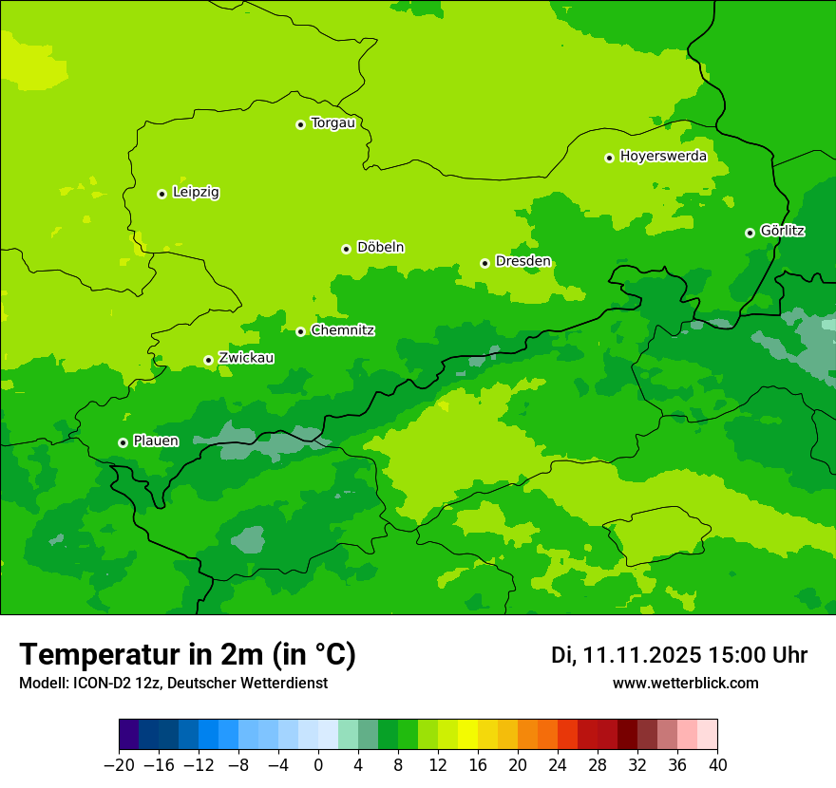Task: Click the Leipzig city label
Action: tap(196, 193)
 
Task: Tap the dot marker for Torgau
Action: tap(300, 124)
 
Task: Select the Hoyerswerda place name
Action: tap(663, 157)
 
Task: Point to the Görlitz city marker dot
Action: tap(750, 233)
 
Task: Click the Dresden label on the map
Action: tap(522, 262)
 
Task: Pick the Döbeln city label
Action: tap(380, 248)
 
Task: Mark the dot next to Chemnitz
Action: tap(300, 331)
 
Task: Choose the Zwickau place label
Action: tap(246, 359)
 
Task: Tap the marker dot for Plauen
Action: tap(123, 442)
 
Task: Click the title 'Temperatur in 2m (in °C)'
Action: tap(187, 655)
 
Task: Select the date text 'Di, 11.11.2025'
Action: tap(626, 655)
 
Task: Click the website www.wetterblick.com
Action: tap(685, 684)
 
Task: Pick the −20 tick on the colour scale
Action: tap(119, 765)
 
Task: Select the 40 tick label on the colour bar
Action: tap(717, 765)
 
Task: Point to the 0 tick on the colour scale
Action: tap(318, 765)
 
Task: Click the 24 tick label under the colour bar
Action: tap(558, 765)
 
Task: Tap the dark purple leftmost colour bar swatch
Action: tap(128, 735)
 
